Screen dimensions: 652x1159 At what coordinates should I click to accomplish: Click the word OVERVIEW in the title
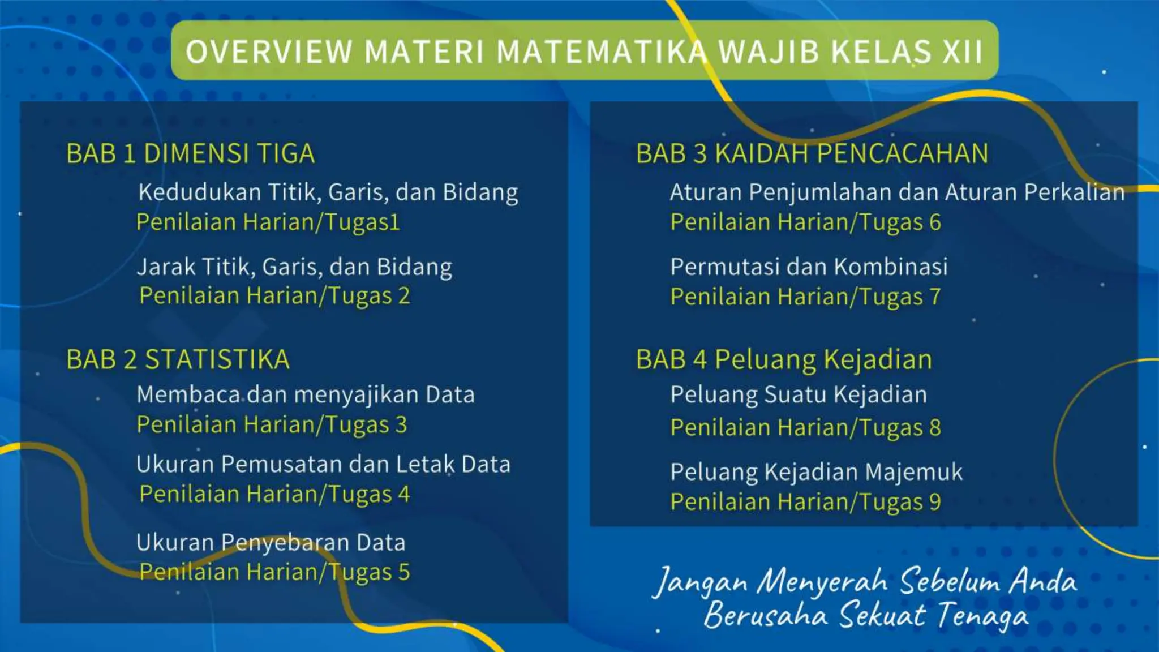[x=269, y=52]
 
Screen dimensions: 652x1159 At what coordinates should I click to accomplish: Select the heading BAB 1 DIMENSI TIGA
[x=190, y=153]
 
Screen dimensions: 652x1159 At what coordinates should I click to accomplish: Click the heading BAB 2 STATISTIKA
[x=178, y=359]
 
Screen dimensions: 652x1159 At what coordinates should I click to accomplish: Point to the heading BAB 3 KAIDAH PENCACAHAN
[x=812, y=153]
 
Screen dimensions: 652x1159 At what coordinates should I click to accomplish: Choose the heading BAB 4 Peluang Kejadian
[x=784, y=359]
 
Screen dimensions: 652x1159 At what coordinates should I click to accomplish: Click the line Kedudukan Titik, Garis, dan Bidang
[x=328, y=192]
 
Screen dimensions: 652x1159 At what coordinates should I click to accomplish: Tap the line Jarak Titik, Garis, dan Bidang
[x=294, y=267]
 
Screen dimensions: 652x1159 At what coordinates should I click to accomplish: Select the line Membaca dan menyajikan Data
[x=305, y=395]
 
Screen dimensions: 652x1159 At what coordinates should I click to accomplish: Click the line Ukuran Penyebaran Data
[x=271, y=542]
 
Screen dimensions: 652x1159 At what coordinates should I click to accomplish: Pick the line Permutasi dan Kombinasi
[x=809, y=267]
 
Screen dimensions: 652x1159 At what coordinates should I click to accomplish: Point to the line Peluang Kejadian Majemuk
[x=816, y=472]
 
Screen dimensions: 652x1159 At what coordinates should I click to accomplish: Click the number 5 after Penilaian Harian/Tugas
[x=403, y=572]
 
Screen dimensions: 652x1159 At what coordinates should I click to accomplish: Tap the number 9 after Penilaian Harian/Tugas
[x=935, y=502]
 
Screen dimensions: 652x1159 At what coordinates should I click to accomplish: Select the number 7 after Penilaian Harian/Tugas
[x=935, y=297]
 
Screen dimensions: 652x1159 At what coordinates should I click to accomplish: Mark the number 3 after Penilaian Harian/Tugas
[x=401, y=424]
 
